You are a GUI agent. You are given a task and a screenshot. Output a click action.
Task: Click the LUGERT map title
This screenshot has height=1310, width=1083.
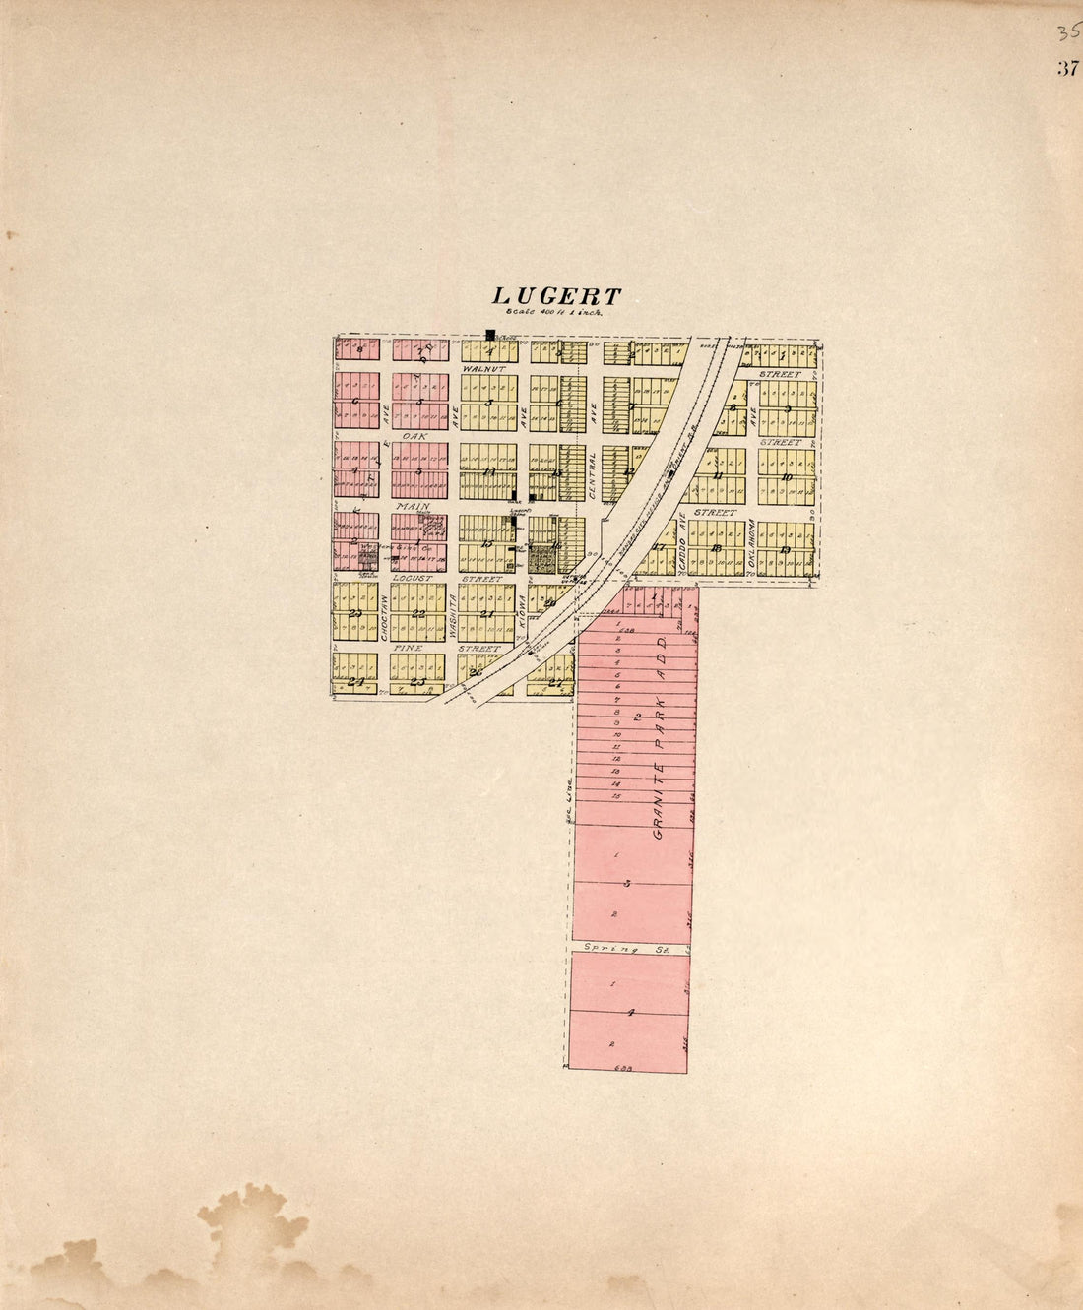click(x=557, y=296)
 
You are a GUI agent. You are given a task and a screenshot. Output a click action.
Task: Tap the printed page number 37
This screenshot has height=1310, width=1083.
click(x=1067, y=68)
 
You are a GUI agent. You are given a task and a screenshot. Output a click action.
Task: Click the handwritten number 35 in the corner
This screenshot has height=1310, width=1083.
click(x=1067, y=33)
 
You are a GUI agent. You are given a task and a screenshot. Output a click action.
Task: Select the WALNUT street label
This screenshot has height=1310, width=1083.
click(x=483, y=368)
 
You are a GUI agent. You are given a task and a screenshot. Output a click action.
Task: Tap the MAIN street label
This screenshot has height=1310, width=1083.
click(x=412, y=506)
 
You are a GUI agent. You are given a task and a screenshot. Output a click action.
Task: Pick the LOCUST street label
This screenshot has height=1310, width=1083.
click(x=413, y=578)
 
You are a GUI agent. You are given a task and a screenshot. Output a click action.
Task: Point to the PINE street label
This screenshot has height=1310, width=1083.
click(x=409, y=649)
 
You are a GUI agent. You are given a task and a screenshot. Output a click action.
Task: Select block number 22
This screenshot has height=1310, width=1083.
click(x=418, y=613)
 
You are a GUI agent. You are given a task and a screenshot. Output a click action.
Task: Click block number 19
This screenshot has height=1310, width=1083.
click(x=785, y=548)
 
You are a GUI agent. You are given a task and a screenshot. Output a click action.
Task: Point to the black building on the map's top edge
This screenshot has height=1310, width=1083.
click(x=489, y=335)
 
